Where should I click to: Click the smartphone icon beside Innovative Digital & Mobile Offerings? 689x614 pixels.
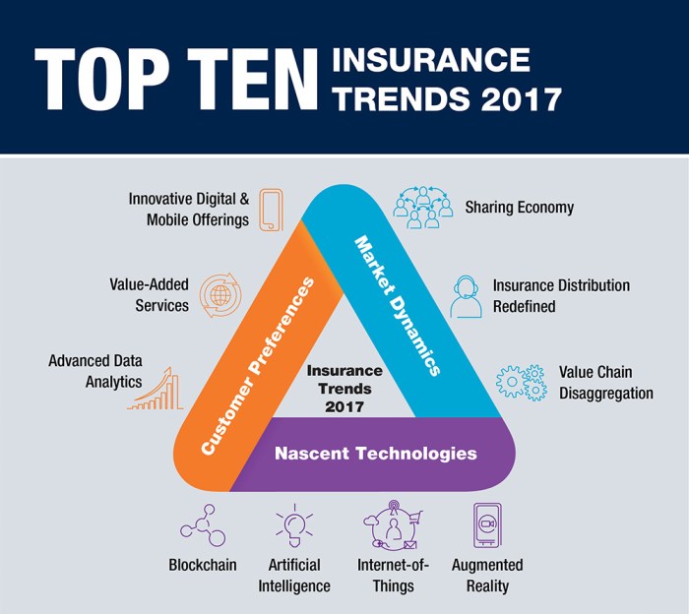tap(271, 210)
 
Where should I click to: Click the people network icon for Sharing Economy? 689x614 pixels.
tap(415, 208)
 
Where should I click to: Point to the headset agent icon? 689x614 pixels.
tap(467, 295)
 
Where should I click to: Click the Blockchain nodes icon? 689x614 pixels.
tap(203, 526)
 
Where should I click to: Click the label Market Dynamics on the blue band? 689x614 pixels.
tap(396, 305)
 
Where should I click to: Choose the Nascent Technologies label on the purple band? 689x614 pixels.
tap(375, 454)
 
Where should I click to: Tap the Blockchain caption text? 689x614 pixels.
tap(203, 566)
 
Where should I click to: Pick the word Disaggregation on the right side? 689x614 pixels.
tap(606, 394)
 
